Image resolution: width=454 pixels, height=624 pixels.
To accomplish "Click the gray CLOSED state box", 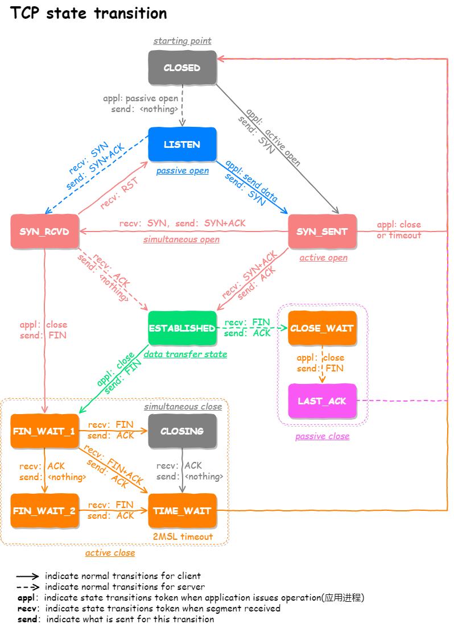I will pyautogui.click(x=182, y=68).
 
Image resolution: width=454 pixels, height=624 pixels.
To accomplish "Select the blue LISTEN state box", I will pyautogui.click(x=182, y=144).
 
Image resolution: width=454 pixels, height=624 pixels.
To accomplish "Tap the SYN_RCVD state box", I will pyautogui.click(x=44, y=232).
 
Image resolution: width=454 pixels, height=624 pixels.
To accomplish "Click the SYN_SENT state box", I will pyautogui.click(x=322, y=232).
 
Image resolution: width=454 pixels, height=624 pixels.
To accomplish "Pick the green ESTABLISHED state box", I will pyautogui.click(x=182, y=328).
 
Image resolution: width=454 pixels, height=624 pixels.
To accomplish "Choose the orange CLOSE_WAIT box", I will pyautogui.click(x=322, y=328).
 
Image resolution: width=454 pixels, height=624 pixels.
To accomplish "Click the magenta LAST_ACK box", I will pyautogui.click(x=322, y=401).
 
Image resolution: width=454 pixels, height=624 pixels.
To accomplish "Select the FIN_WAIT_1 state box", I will pyautogui.click(x=44, y=431).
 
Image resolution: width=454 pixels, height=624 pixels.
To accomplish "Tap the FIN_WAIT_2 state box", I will pyautogui.click(x=44, y=511).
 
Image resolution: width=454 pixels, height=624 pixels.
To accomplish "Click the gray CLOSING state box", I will pyautogui.click(x=182, y=431).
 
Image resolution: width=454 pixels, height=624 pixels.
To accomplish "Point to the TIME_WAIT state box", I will pyautogui.click(x=182, y=511).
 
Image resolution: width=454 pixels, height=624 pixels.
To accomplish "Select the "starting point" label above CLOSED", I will pyautogui.click(x=182, y=41).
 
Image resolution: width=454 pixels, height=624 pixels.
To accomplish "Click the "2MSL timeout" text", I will pyautogui.click(x=183, y=536).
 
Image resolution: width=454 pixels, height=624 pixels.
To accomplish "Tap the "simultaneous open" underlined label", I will pyautogui.click(x=181, y=239).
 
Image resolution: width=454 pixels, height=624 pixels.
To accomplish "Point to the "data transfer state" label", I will pyautogui.click(x=185, y=354).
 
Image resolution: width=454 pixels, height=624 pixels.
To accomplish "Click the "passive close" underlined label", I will pyautogui.click(x=322, y=436).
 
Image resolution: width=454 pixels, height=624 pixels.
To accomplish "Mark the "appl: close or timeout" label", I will pyautogui.click(x=399, y=230).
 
